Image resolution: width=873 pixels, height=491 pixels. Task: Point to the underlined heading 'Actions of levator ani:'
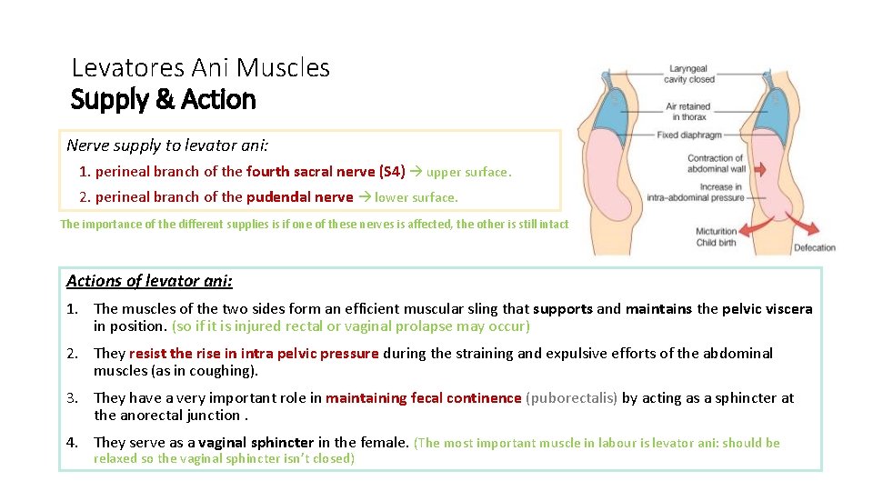pos(149,281)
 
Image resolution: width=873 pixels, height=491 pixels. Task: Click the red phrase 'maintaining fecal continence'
pos(424,397)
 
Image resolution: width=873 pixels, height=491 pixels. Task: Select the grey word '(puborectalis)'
pos(573,397)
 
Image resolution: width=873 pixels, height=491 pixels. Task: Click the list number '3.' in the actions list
pos(74,397)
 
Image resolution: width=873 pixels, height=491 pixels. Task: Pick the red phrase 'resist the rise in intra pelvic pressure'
pos(254,353)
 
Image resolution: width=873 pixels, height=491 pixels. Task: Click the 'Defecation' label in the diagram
pos(814,247)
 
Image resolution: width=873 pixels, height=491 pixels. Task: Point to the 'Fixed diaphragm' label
pos(688,135)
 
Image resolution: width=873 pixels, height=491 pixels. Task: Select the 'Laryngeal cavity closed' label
pos(689,74)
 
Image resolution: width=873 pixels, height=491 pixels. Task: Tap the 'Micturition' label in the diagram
pos(717,231)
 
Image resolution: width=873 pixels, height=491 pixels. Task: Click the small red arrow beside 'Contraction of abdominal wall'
pos(760,169)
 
